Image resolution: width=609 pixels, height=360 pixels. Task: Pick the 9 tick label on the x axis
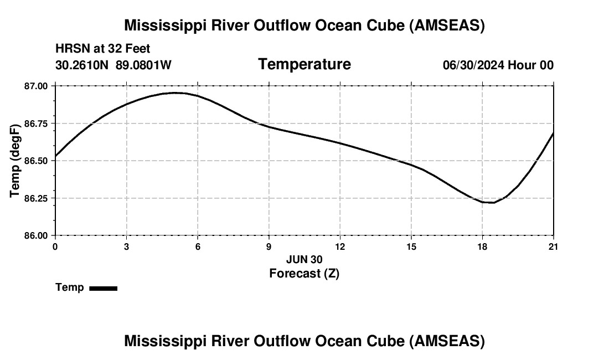tap(269, 246)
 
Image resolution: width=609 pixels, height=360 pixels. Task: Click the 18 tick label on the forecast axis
tap(482, 246)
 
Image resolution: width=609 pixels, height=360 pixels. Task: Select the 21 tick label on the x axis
tap(553, 246)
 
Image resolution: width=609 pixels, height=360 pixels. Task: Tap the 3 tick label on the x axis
tap(126, 246)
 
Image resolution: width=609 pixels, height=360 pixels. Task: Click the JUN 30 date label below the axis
tap(304, 259)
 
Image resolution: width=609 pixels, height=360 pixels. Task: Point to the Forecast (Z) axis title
tap(304, 273)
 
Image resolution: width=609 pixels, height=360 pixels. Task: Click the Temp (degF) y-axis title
tap(15, 161)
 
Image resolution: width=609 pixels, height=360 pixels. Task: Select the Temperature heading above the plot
tap(304, 64)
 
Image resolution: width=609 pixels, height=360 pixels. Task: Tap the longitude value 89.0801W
tap(143, 65)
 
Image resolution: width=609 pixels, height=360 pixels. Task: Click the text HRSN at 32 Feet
tap(103, 49)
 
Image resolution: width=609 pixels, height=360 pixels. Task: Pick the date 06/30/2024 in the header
tap(473, 65)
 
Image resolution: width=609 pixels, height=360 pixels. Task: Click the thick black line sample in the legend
tap(103, 288)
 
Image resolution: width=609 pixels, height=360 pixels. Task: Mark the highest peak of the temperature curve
tap(175, 92)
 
